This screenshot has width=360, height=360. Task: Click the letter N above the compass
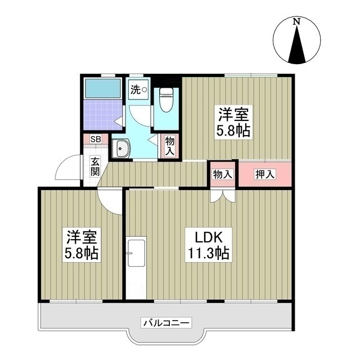tap(296, 21)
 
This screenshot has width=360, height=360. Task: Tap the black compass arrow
tap(296, 45)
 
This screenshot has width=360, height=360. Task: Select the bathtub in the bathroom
tap(103, 88)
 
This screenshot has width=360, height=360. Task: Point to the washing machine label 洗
tap(136, 88)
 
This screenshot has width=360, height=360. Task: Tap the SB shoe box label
tap(96, 139)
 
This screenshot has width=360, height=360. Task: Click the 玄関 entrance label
tap(96, 166)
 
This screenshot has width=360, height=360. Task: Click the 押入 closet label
tap(265, 174)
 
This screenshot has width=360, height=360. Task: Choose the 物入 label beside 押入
tap(223, 174)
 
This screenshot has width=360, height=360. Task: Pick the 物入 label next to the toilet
tap(170, 147)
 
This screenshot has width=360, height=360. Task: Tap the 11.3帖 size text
tap(208, 253)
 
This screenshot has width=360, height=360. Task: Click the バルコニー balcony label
tap(166, 323)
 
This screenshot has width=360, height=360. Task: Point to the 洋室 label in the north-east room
tap(233, 115)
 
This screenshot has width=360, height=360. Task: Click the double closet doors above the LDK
tap(223, 195)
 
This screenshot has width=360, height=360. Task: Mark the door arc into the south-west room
tap(110, 201)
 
